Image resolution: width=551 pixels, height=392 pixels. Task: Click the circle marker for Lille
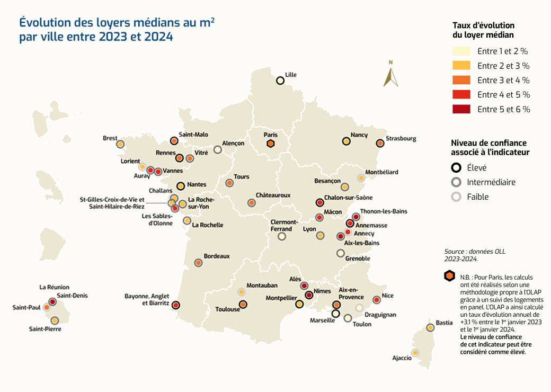click(280, 81)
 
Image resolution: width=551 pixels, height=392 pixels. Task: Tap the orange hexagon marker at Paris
click(271, 144)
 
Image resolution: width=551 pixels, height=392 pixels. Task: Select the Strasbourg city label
click(401, 139)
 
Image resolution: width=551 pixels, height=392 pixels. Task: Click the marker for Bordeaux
click(198, 262)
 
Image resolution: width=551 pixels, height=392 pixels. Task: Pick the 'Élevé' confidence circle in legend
click(456, 168)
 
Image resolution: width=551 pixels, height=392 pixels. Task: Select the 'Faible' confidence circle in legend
click(456, 197)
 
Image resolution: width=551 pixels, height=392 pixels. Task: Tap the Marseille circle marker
click(335, 314)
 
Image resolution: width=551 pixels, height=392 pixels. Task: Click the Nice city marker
click(377, 300)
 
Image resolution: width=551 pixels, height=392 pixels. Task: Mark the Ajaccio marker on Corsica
click(415, 352)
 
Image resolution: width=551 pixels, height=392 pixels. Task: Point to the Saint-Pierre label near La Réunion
click(45, 329)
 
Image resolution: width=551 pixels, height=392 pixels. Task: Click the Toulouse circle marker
click(243, 304)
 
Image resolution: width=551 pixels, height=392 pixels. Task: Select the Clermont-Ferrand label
click(285, 225)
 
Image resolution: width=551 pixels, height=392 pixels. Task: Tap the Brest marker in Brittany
click(120, 144)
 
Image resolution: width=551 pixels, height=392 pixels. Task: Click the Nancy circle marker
click(346, 141)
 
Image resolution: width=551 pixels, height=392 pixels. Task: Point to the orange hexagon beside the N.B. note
click(450, 276)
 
